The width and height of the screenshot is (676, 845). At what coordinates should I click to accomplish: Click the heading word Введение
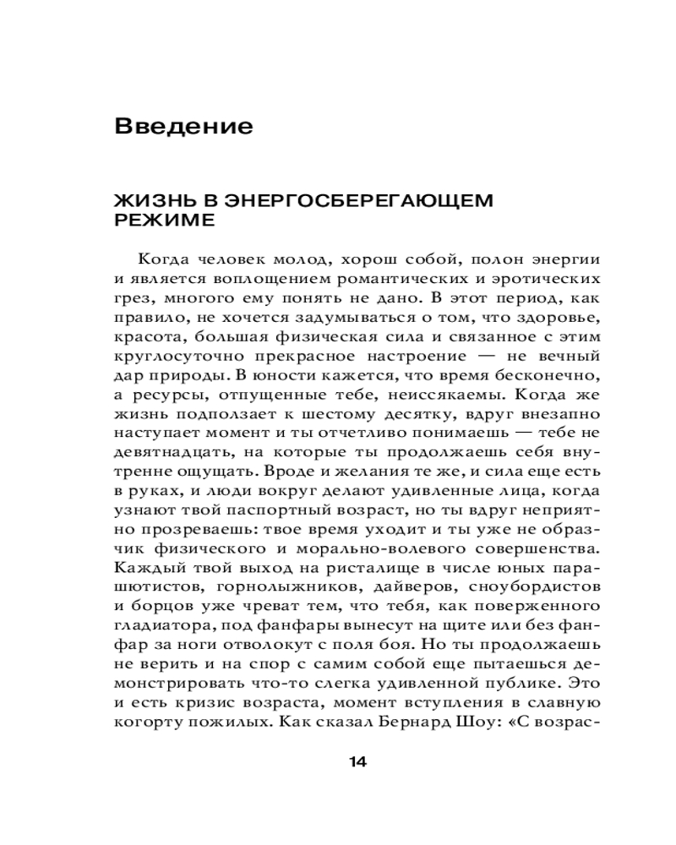pos(183,127)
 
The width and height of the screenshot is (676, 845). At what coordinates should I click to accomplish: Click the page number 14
pos(357,762)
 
